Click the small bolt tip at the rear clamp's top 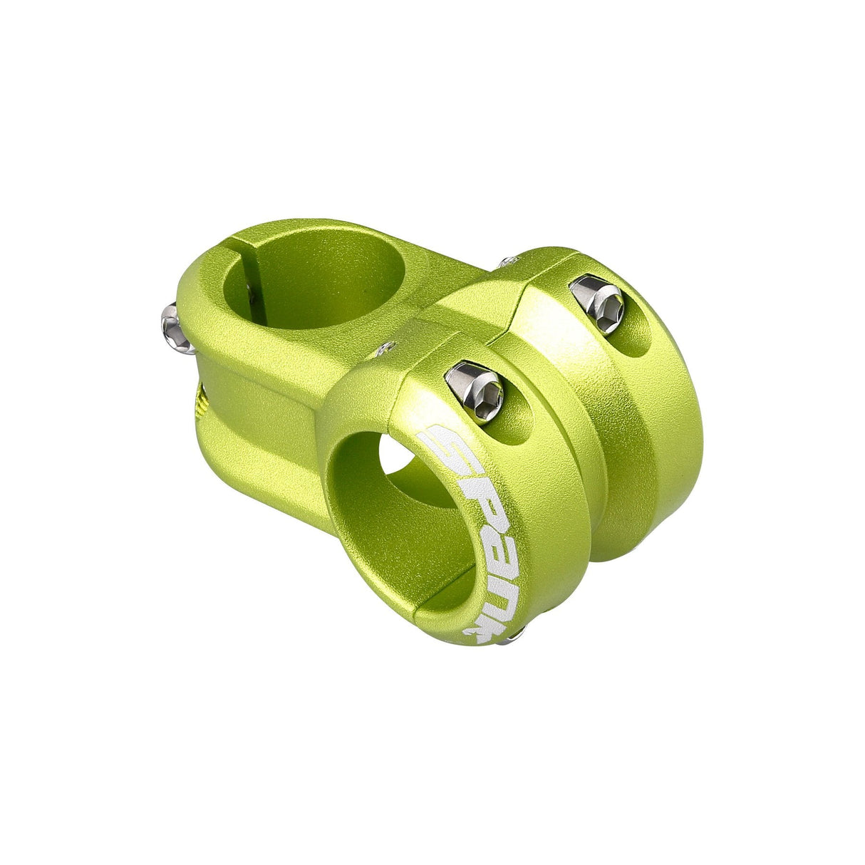click(508, 263)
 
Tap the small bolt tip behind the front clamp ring click(388, 348)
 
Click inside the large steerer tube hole click(314, 278)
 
